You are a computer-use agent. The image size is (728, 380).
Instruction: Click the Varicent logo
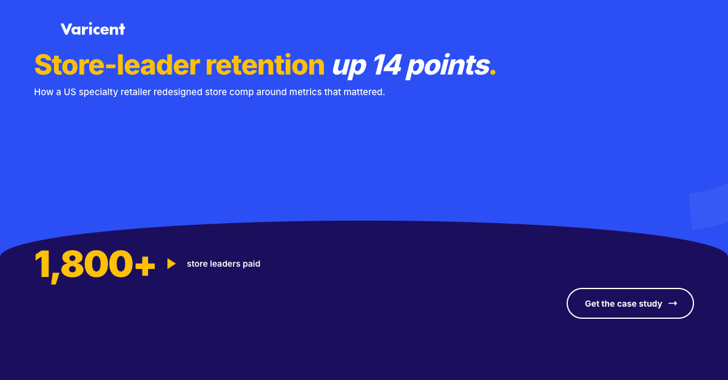93,29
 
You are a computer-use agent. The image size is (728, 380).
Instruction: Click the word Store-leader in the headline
117,65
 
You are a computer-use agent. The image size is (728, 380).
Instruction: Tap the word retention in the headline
265,65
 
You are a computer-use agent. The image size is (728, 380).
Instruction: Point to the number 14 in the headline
388,65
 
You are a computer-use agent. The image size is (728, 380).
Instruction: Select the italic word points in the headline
448,67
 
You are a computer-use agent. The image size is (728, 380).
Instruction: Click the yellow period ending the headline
493,73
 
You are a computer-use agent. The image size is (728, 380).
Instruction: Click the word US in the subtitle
70,92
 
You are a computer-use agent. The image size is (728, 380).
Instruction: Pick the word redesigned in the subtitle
178,92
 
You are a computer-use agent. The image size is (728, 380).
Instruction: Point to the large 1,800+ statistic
95,265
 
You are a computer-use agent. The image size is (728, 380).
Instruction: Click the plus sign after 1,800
145,266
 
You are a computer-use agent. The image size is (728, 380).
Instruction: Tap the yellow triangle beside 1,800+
171,264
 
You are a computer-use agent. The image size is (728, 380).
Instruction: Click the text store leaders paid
224,264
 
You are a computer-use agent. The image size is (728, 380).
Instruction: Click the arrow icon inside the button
673,304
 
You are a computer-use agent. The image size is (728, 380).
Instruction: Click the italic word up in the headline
349,67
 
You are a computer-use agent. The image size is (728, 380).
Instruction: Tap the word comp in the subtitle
242,93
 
